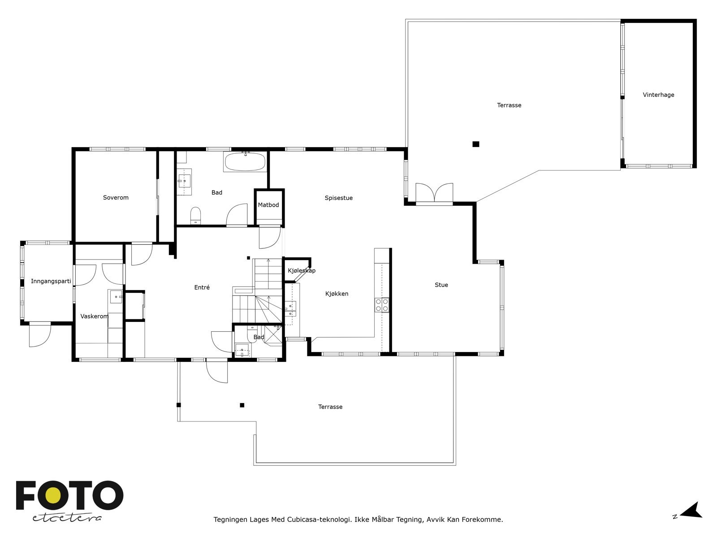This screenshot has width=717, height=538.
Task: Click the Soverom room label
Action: click(x=116, y=197)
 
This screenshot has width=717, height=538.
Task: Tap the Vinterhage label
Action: click(x=658, y=95)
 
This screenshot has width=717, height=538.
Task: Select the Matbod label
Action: click(x=268, y=205)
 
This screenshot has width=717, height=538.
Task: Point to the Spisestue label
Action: click(x=338, y=198)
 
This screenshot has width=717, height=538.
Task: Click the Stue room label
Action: click(x=441, y=285)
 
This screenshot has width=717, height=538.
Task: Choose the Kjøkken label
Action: click(x=337, y=294)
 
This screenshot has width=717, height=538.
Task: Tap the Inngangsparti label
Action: click(x=51, y=281)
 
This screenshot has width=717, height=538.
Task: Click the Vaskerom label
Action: click(x=94, y=316)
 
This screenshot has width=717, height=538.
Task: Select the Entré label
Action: click(x=202, y=287)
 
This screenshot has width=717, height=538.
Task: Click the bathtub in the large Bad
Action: click(x=245, y=161)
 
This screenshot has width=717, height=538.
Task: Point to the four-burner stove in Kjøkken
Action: click(x=381, y=305)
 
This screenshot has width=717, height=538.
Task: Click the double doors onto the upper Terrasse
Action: click(x=434, y=193)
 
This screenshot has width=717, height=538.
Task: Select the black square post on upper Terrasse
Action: click(x=475, y=144)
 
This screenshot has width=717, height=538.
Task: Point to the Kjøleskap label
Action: click(x=302, y=270)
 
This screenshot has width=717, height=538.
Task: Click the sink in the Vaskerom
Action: click(x=116, y=297)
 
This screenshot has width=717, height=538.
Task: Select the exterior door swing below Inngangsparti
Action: click(x=39, y=334)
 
